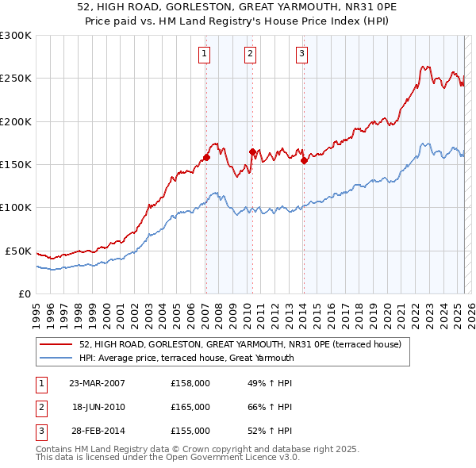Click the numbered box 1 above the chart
204,54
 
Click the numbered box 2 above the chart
250,54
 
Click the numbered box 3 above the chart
302,54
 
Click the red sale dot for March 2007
205,157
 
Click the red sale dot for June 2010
251,152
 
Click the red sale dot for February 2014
304,160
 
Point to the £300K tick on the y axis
16,36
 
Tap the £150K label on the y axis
16,164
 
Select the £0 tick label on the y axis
25,293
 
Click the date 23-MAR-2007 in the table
97,383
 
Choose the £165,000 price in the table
190,407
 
